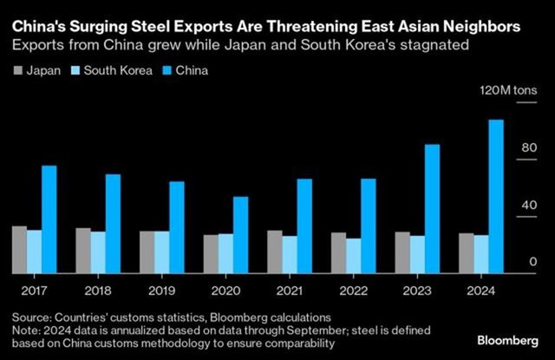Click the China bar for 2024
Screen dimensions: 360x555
(x=496, y=196)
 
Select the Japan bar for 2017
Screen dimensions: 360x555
(x=19, y=249)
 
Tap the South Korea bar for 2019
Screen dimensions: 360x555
(x=161, y=252)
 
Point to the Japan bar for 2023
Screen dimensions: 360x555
(x=402, y=252)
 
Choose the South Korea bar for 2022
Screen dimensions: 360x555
(x=353, y=255)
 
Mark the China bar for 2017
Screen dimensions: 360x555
(x=49, y=219)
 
